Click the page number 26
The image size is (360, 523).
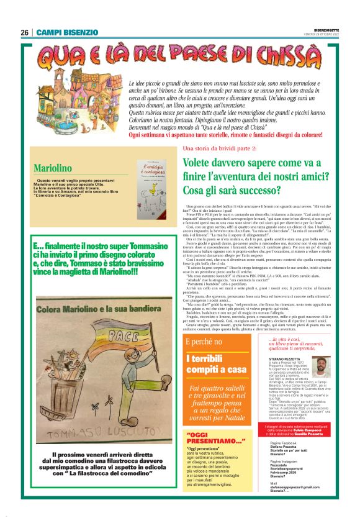pos(24,32)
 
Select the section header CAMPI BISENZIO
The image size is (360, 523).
pos(67,32)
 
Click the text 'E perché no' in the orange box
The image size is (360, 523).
pos(203,343)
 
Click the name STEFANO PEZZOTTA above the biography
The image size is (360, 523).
pos(289,359)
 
